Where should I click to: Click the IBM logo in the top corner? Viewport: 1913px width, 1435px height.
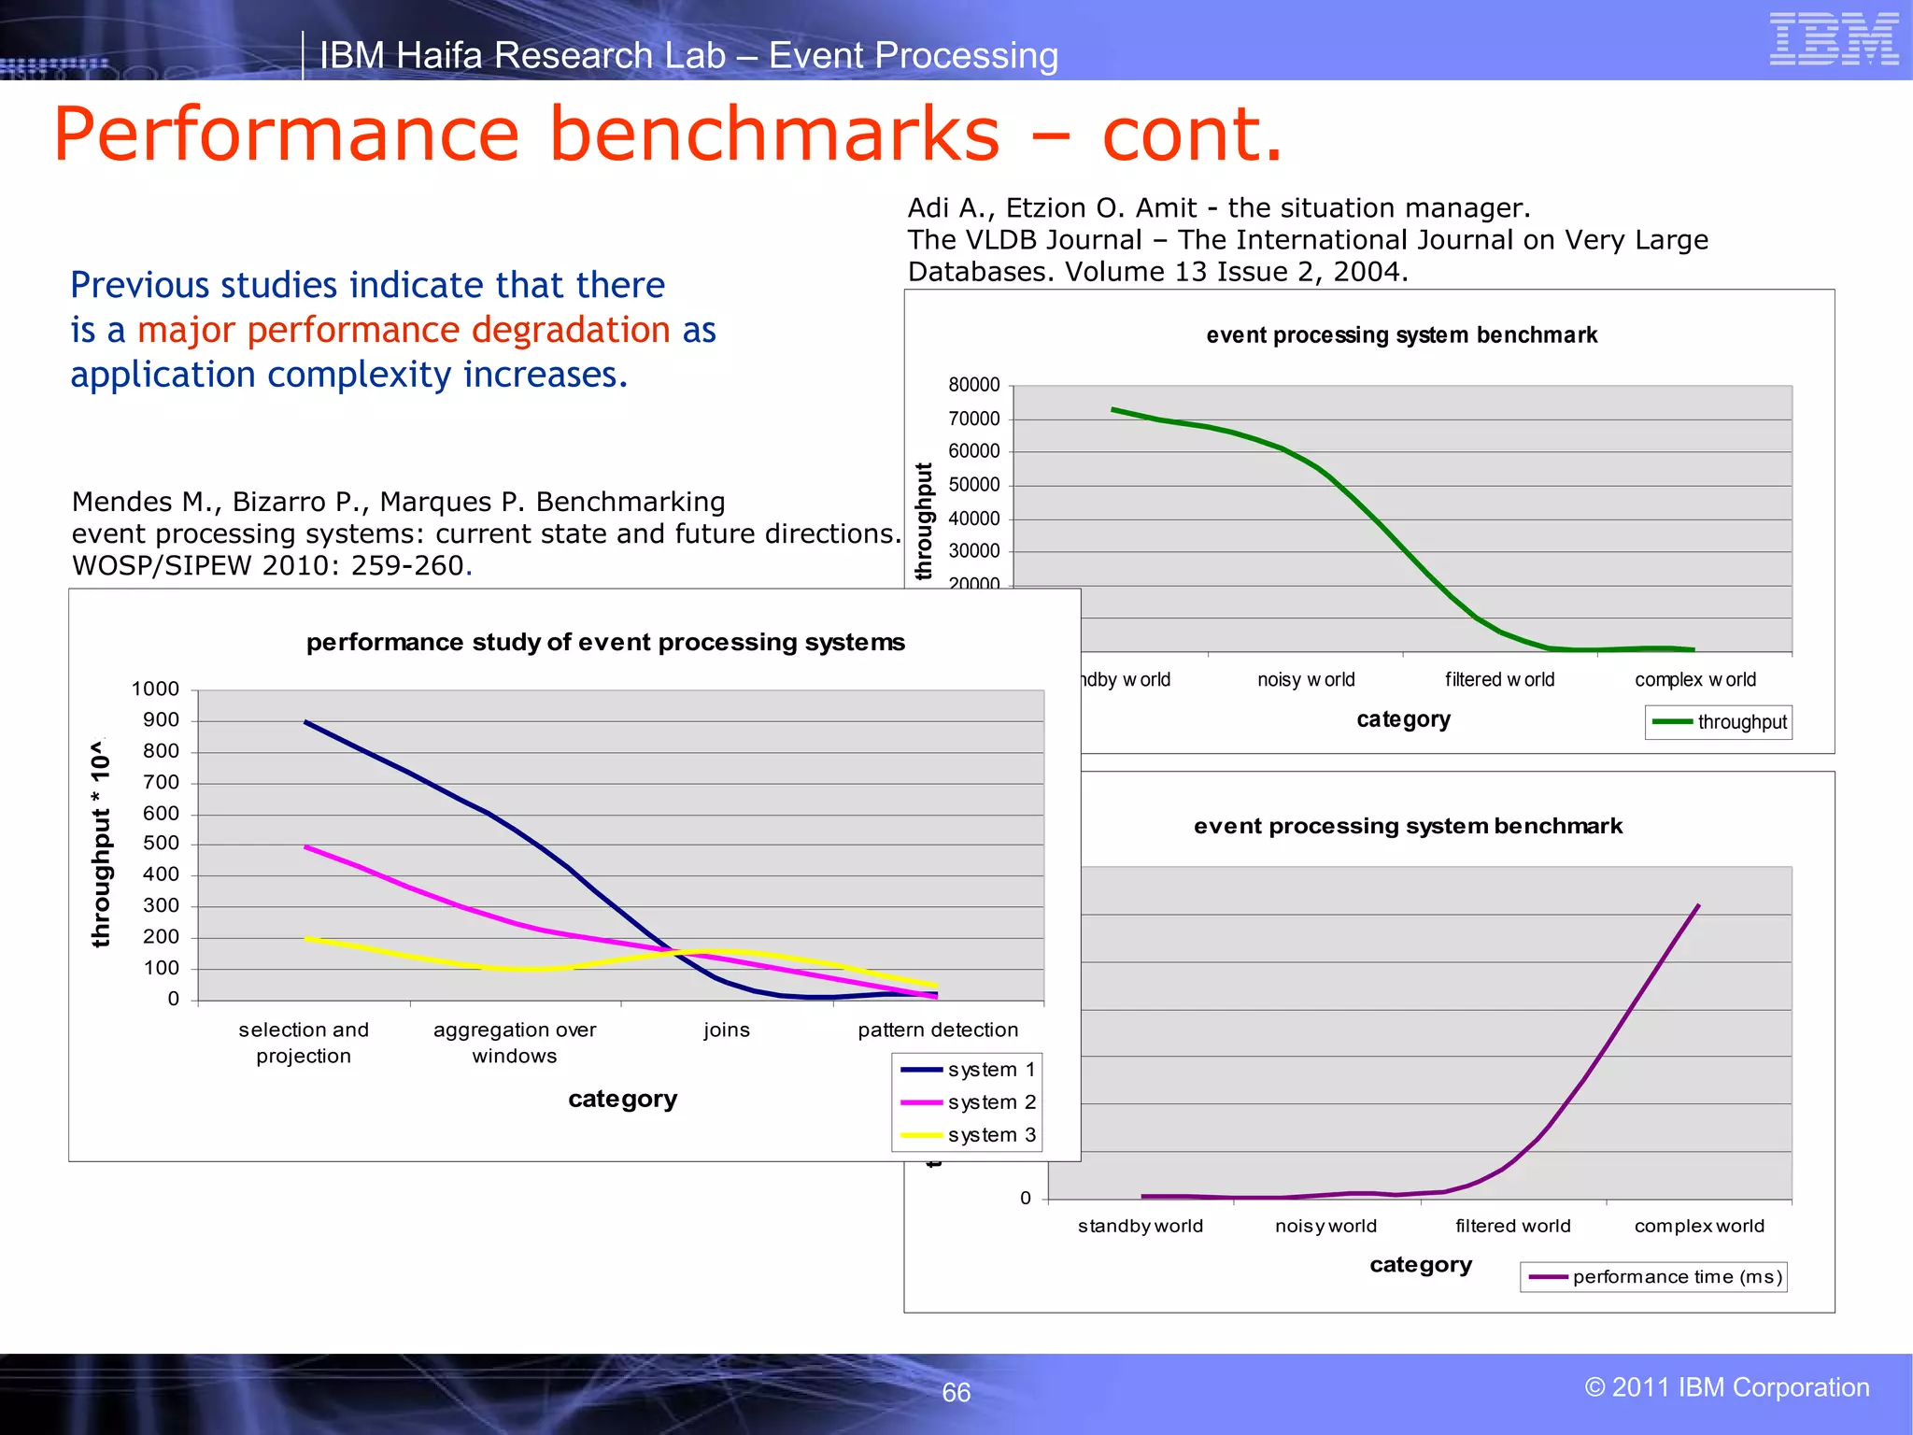[1834, 39]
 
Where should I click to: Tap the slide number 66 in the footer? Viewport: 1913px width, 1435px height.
[956, 1392]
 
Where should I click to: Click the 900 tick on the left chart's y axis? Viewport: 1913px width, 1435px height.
[161, 720]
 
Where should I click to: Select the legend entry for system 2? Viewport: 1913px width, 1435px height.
[969, 1102]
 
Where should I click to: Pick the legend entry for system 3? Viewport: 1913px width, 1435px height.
[969, 1135]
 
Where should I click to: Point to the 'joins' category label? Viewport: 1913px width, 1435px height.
[727, 1030]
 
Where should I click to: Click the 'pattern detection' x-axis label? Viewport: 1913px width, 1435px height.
[938, 1030]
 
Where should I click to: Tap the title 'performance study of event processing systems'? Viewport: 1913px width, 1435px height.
[605, 643]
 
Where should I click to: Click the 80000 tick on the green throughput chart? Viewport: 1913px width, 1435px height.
[973, 385]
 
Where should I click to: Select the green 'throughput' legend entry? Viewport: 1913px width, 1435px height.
[1719, 722]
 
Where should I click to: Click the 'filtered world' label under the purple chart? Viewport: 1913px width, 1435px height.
[1512, 1226]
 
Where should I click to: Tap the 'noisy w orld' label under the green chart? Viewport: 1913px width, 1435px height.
[1306, 680]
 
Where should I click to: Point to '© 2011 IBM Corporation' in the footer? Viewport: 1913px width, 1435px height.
[1726, 1387]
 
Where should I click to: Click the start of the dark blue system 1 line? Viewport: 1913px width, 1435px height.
[306, 722]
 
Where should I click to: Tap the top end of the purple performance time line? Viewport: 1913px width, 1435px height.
[1698, 905]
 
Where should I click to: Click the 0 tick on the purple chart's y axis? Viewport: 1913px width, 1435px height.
[1026, 1199]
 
